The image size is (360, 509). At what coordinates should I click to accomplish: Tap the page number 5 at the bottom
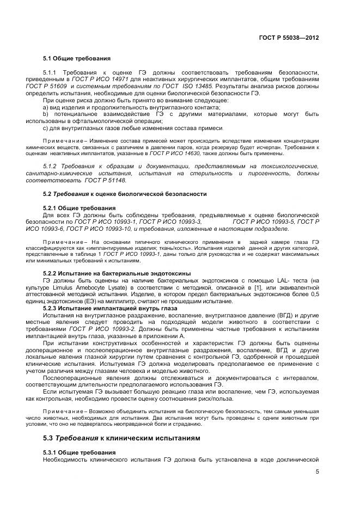pyautogui.click(x=316, y=471)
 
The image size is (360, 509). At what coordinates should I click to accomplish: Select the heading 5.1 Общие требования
pyautogui.click(x=77, y=58)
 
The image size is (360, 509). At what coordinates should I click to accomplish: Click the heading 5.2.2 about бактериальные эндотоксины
pyautogui.click(x=117, y=273)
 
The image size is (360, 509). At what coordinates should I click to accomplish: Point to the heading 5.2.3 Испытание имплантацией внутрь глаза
pyautogui.click(x=113, y=308)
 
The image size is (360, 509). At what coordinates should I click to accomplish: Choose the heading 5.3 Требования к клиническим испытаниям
pyautogui.click(x=121, y=438)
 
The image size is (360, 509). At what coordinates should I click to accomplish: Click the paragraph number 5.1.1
pyautogui.click(x=51, y=72)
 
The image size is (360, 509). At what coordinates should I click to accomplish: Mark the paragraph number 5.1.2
pyautogui.click(x=51, y=165)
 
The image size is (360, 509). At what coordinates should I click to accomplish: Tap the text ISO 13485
pyautogui.click(x=198, y=87)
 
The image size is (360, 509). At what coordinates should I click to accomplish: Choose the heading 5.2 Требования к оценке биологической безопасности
pyautogui.click(x=125, y=194)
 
